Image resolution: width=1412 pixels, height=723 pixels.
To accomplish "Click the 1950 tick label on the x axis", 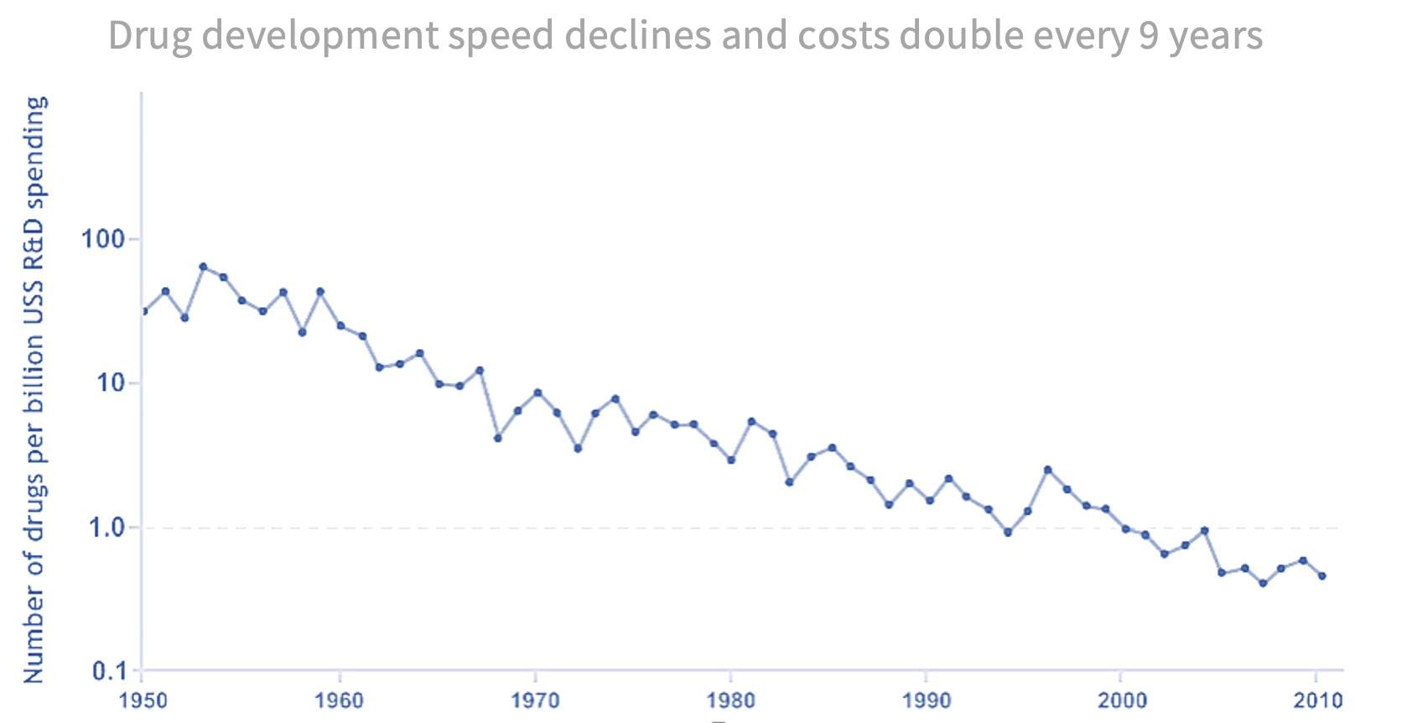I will [x=143, y=700].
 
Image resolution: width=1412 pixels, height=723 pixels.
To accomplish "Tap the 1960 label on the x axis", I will [x=339, y=700].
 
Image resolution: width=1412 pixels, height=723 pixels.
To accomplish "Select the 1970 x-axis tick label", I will [x=535, y=700].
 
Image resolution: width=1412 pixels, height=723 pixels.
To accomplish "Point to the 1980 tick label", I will [x=730, y=700].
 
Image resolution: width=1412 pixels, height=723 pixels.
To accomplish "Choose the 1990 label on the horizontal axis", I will [x=926, y=700].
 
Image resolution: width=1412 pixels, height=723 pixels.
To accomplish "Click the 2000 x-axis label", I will [x=1122, y=700].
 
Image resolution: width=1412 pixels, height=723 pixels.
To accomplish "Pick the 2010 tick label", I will [x=1317, y=700].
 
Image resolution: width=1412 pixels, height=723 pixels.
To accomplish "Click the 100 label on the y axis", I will [x=102, y=239].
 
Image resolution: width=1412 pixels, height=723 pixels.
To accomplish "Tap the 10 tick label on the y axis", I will [x=111, y=383].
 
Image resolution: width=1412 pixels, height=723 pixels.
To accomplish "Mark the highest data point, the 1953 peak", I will [x=203, y=267].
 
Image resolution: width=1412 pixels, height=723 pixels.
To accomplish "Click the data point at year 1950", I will [x=143, y=311].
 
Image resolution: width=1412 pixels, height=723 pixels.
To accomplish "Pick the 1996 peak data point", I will [x=1047, y=470].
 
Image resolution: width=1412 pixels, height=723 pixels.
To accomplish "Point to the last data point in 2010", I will [x=1322, y=576].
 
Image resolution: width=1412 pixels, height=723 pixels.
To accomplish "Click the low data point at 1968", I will [x=497, y=438].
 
